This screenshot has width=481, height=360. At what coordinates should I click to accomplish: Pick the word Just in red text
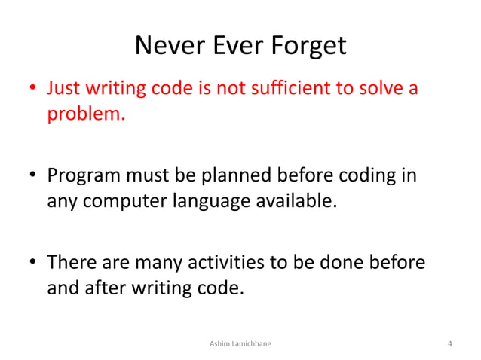pos(63,90)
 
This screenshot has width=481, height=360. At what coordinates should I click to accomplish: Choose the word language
pos(210,202)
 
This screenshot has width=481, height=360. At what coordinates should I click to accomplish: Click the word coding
pos(372,176)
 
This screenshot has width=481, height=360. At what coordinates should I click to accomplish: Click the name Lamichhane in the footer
pos(251,344)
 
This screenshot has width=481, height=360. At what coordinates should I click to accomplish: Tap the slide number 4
pos(449,344)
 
